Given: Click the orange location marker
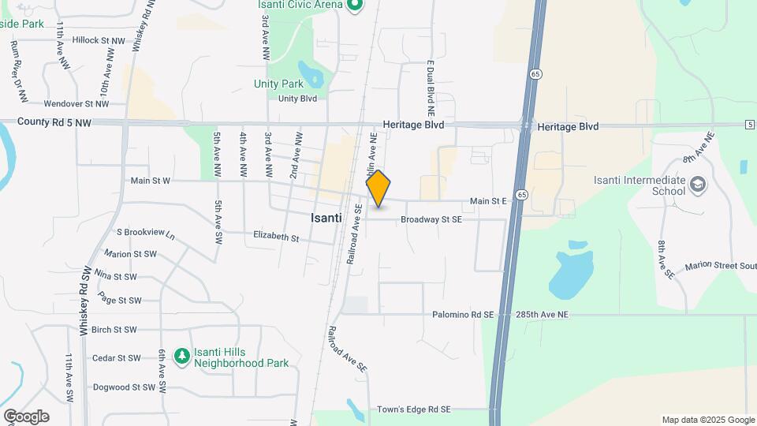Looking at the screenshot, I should point(378,189).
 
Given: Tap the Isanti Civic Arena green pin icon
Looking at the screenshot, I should point(355,6).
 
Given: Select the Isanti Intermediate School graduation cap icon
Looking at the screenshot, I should point(697,185).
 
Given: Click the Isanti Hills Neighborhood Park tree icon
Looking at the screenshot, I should point(182,357).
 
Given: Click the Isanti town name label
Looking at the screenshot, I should point(326,218).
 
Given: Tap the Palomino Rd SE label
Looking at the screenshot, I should point(462,315).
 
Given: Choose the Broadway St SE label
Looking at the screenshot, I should point(431,220).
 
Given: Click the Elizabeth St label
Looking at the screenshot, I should point(276,237).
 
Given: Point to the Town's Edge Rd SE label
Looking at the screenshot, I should point(413,409).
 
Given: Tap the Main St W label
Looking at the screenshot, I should point(150,181).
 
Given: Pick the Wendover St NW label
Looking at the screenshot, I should point(76,103).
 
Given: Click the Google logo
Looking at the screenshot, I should point(26,416).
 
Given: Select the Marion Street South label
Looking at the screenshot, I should point(720,266).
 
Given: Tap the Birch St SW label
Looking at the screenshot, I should point(114,330).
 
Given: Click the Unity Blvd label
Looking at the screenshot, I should point(297,99).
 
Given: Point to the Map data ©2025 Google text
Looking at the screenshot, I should point(707,420).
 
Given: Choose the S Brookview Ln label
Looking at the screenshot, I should point(145,232).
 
